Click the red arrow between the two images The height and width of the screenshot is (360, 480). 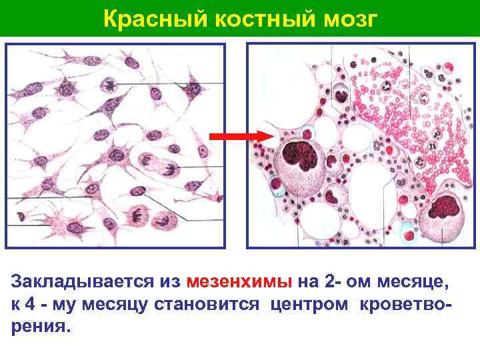(237, 136)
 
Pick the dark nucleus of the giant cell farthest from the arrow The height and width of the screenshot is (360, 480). (442, 209)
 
